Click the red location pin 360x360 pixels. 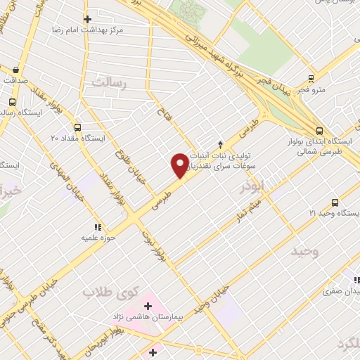tap(180, 165)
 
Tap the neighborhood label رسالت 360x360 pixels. tap(112, 83)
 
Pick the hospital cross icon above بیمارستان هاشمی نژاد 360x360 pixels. tap(148, 306)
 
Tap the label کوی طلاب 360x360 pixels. tap(108, 292)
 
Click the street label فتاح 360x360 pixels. tap(161, 112)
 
